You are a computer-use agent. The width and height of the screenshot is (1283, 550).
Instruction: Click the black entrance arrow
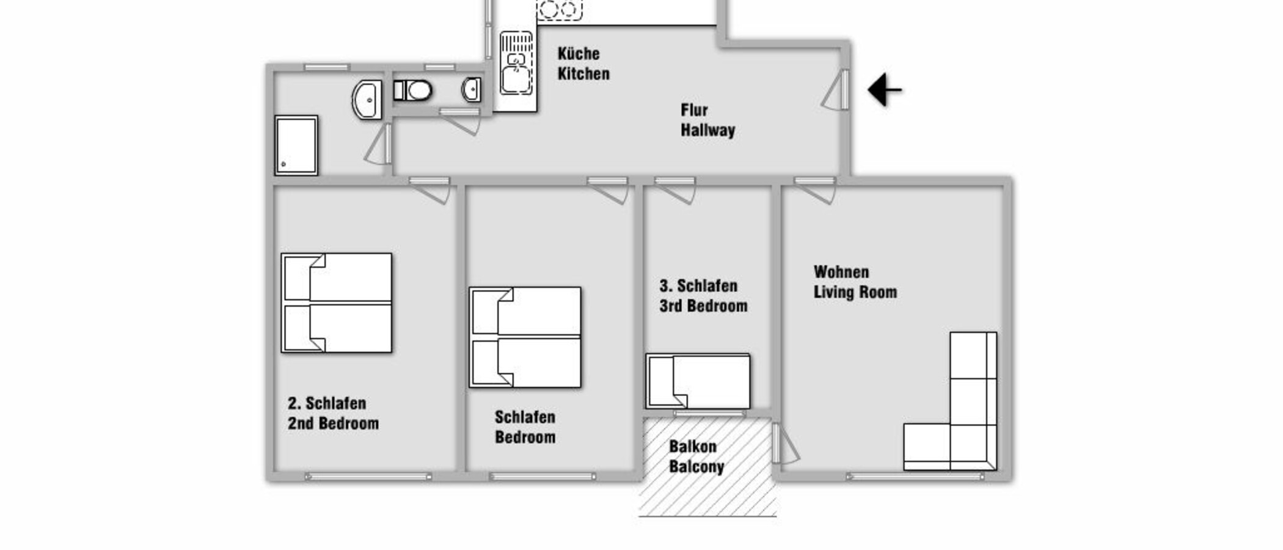click(883, 90)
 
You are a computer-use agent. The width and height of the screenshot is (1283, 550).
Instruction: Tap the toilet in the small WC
click(414, 90)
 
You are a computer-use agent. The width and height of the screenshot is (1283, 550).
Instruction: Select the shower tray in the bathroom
click(296, 145)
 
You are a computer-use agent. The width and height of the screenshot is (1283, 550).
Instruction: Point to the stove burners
click(559, 9)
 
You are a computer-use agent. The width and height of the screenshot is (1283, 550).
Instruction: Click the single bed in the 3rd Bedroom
click(698, 381)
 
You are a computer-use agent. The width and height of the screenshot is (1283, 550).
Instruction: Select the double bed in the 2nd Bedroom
click(337, 303)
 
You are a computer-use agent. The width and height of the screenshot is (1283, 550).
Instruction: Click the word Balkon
click(692, 447)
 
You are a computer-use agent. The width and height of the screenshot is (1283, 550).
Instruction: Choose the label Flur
click(694, 110)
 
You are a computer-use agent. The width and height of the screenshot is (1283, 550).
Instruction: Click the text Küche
click(578, 54)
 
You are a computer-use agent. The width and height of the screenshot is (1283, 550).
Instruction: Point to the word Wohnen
click(841, 272)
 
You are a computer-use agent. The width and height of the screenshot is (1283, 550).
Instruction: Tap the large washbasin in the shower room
click(367, 100)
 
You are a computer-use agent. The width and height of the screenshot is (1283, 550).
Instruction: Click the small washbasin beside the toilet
click(471, 90)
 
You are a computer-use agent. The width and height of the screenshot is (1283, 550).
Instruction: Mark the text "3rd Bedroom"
click(703, 306)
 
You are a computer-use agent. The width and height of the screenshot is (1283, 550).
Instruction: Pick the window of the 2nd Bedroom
click(368, 476)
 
